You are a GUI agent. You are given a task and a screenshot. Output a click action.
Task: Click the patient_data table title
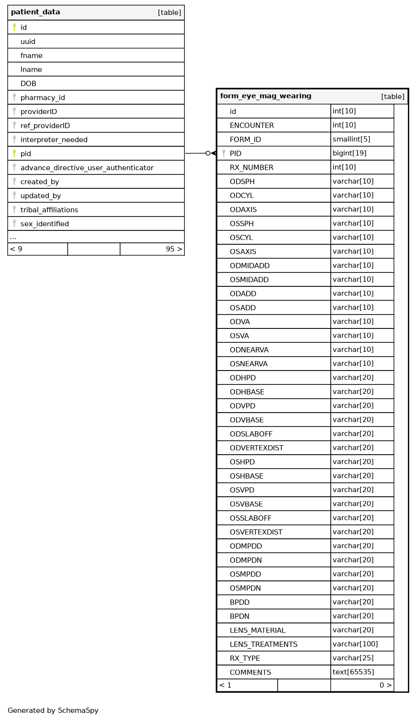click(x=35, y=12)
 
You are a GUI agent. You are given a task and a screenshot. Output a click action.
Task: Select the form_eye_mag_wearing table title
click(x=266, y=96)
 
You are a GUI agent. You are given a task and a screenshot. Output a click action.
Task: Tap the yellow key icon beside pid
click(x=14, y=153)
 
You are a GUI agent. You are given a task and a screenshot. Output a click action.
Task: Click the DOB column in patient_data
click(x=28, y=84)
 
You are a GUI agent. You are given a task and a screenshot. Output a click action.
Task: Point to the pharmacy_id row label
click(x=43, y=98)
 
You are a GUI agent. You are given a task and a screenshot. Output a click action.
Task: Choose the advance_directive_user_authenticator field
click(x=87, y=168)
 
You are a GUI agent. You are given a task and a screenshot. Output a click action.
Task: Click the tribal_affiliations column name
click(x=49, y=210)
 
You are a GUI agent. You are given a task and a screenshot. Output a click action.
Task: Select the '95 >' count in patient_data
click(x=174, y=249)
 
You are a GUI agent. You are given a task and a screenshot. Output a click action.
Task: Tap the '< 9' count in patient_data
click(x=16, y=249)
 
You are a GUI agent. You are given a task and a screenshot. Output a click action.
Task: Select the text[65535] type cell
click(x=353, y=672)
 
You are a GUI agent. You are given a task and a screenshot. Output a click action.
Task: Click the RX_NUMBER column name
click(x=251, y=168)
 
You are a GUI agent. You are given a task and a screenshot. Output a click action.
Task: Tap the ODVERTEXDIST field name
click(x=256, y=448)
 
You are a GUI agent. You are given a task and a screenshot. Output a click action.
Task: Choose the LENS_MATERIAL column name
click(x=257, y=631)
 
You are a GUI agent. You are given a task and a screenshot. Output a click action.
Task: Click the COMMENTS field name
click(x=250, y=673)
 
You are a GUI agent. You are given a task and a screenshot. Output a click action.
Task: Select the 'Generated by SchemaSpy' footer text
click(x=53, y=710)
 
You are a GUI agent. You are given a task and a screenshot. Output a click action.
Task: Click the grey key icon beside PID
click(x=224, y=153)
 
